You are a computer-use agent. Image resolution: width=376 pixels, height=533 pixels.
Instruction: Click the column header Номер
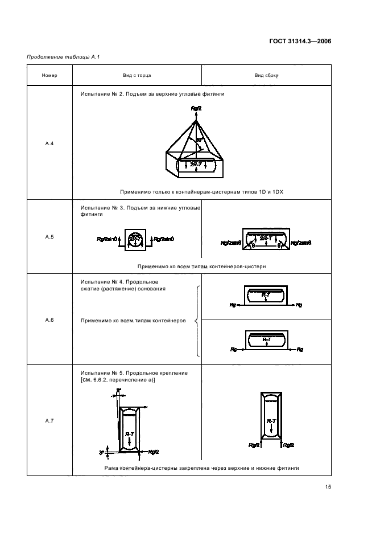click(x=49, y=75)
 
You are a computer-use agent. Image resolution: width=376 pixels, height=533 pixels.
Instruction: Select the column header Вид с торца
click(x=137, y=75)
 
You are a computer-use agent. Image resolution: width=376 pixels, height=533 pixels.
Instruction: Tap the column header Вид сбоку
click(x=266, y=75)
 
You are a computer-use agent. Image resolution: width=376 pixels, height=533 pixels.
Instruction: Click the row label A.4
click(x=49, y=143)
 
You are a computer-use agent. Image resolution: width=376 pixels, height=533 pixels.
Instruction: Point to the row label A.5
click(x=49, y=236)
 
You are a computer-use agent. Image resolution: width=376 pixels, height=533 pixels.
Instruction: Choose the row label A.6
click(x=49, y=320)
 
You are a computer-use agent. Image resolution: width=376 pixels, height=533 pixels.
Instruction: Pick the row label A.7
click(x=49, y=420)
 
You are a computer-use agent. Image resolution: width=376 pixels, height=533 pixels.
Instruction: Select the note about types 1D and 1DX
click(x=201, y=192)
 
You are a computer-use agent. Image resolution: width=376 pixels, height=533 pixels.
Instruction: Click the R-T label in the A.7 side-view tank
click(x=271, y=421)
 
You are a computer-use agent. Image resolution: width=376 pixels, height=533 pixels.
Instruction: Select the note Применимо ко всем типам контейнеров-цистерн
click(x=201, y=266)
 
